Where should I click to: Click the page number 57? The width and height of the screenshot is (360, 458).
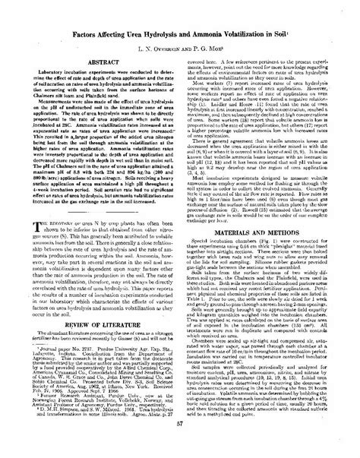(x=180, y=447)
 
